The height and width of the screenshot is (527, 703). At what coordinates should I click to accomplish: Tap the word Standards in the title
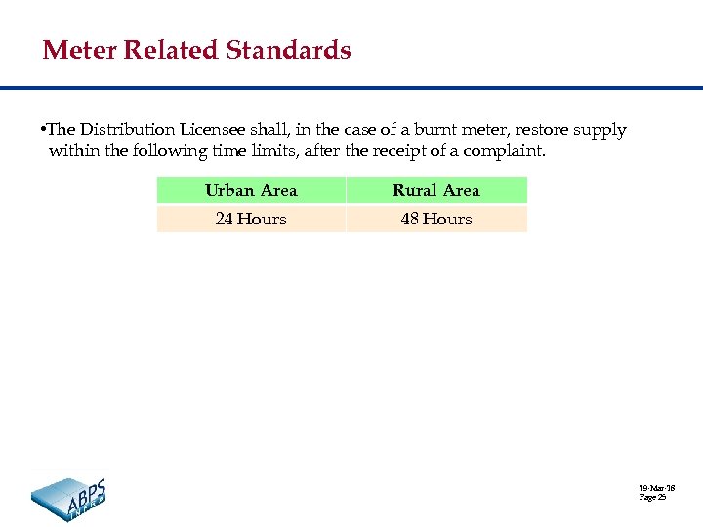[289, 50]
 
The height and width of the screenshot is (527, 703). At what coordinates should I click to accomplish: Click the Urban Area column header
[251, 190]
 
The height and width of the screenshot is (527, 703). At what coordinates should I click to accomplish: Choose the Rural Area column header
[435, 190]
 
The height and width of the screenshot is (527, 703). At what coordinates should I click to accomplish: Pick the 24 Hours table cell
[251, 219]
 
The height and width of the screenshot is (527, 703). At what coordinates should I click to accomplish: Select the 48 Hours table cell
[435, 219]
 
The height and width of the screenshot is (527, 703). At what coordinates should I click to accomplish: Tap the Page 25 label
[652, 498]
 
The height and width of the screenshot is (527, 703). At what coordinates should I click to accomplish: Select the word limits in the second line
[265, 151]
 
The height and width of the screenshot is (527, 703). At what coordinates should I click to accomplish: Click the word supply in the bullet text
[601, 131]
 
